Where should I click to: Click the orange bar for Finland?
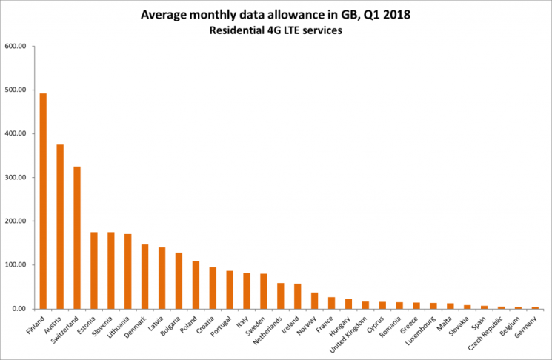(x=43, y=201)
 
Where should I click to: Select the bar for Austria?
(x=60, y=227)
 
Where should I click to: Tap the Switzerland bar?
(x=77, y=238)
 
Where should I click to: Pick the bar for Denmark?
(x=144, y=276)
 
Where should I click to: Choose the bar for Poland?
(x=196, y=284)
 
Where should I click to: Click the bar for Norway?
(x=314, y=301)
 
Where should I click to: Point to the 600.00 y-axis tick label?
(x=15, y=46)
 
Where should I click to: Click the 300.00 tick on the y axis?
(x=15, y=178)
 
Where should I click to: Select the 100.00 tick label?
(x=15, y=265)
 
